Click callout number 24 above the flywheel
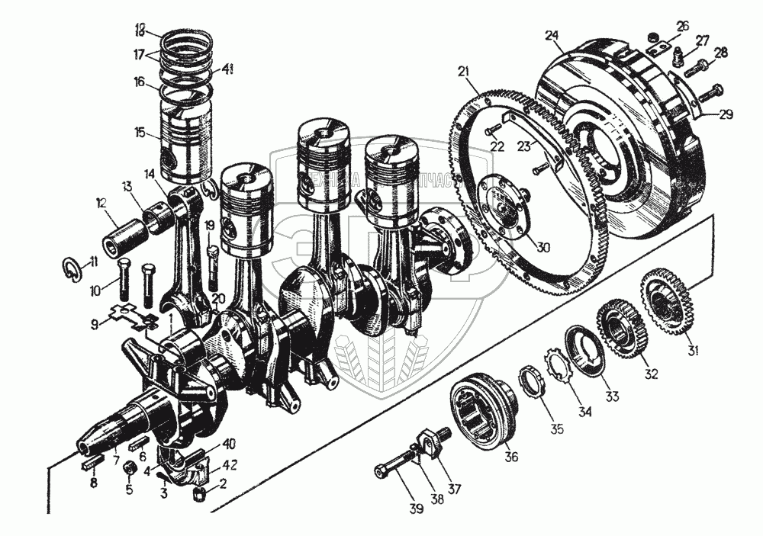(552, 35)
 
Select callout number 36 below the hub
(510, 457)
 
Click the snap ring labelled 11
(70, 269)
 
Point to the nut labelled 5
(130, 466)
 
